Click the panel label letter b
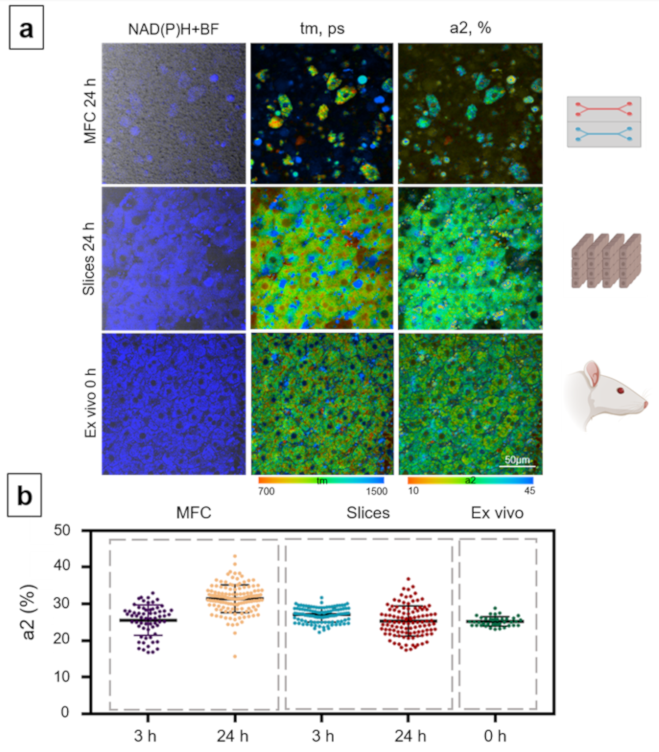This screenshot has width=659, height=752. click(x=24, y=495)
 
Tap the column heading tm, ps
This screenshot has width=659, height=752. click(x=322, y=28)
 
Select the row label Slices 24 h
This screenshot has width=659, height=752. click(x=89, y=259)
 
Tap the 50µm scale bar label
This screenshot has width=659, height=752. click(x=517, y=460)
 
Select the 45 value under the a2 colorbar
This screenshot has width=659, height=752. click(x=529, y=491)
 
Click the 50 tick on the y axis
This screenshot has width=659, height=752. click(x=61, y=531)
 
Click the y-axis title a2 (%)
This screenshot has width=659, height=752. click(x=29, y=612)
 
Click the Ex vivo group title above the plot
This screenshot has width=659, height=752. click(x=497, y=513)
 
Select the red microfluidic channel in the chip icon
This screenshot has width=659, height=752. click(x=604, y=109)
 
